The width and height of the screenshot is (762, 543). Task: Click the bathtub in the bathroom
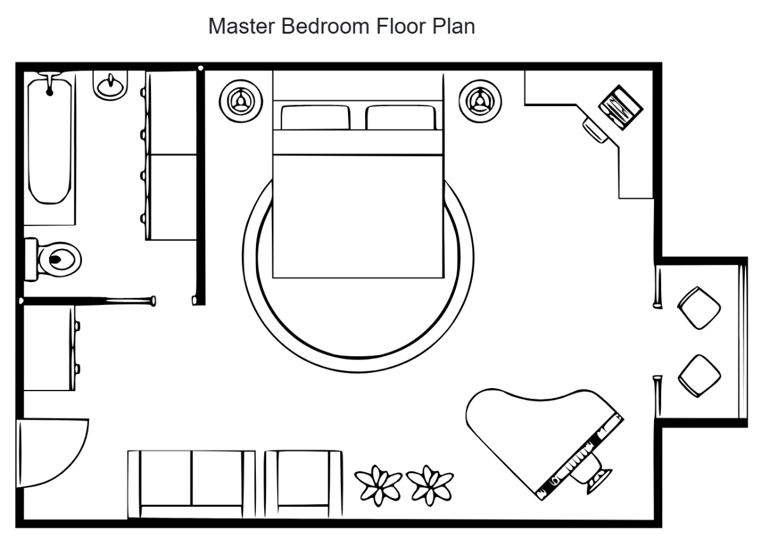coord(51,140)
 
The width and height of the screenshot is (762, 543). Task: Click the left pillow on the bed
coord(315,118)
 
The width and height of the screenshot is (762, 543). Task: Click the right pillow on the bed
coord(401,118)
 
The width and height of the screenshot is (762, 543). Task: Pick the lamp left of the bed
coord(241,100)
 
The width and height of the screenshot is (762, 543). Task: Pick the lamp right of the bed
coord(481,100)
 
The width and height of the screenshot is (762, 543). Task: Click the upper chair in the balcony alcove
coord(699,308)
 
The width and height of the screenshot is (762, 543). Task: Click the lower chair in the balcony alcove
coord(699,376)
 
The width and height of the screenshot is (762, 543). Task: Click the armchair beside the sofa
coord(304,483)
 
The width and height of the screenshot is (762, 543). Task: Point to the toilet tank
coord(30,259)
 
